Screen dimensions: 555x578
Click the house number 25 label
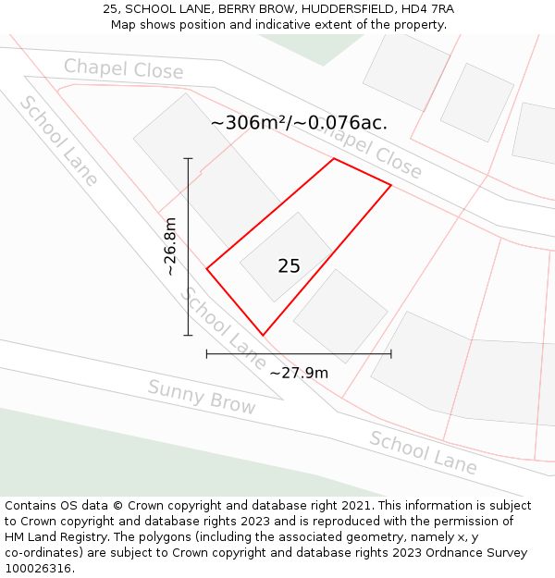point(289,266)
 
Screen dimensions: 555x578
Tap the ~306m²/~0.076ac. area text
point(299,122)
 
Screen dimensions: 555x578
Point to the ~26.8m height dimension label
point(170,246)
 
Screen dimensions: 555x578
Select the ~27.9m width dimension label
point(299,373)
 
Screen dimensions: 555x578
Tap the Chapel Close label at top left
point(123,68)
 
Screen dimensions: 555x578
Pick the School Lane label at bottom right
point(423,452)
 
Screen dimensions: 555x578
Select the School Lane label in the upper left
point(58,141)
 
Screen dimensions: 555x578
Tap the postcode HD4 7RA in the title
point(428,9)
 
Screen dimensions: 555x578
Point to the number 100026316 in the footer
point(37,568)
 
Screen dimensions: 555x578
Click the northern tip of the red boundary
point(334,159)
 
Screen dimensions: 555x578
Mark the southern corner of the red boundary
point(263,335)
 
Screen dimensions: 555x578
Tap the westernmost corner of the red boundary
point(206,269)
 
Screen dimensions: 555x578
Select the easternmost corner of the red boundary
point(391,186)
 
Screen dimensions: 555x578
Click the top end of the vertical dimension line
point(188,159)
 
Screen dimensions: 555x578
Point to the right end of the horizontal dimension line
point(391,353)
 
